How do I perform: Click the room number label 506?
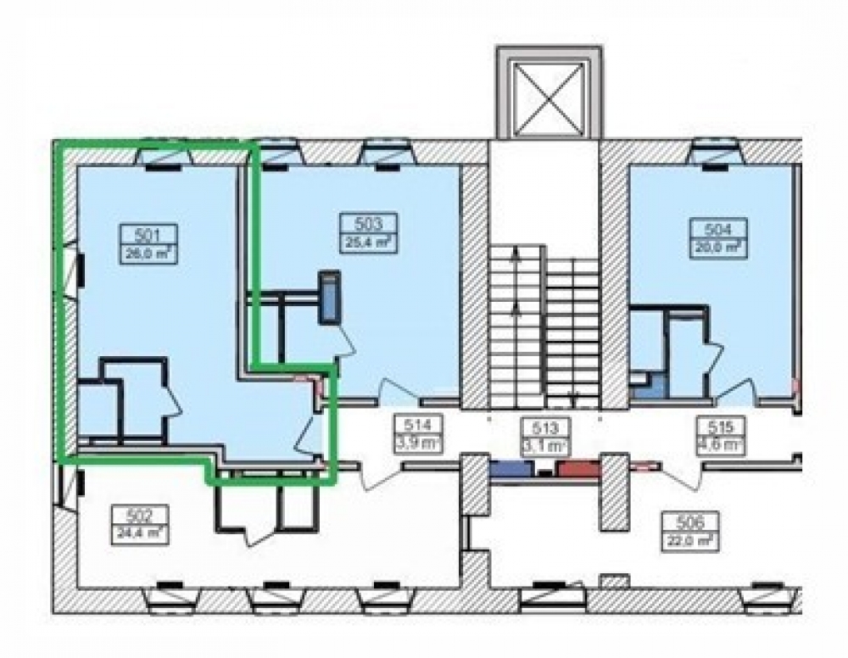[686, 521]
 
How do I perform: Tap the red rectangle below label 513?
[577, 469]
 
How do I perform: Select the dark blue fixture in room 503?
[328, 297]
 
